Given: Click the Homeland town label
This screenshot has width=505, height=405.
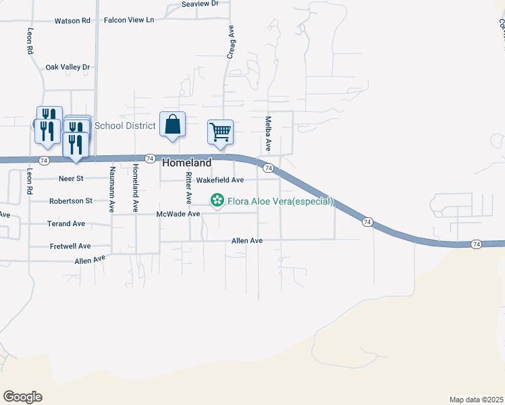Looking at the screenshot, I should click(187, 163).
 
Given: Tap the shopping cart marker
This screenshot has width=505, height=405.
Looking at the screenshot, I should click(220, 132).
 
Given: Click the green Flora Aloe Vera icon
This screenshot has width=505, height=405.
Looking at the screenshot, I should click(217, 200).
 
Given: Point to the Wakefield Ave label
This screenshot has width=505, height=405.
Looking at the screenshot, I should click(220, 180).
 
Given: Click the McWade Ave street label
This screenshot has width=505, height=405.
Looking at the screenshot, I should click(178, 214).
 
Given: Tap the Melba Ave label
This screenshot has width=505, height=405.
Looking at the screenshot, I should click(268, 134).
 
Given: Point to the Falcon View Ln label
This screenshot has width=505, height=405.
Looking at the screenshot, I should click(129, 20).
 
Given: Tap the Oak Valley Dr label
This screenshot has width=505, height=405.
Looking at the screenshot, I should click(68, 67).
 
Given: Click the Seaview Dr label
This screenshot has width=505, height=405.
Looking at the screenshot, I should click(201, 3).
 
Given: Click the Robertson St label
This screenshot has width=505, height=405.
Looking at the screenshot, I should click(70, 201).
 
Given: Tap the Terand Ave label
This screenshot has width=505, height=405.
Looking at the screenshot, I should click(66, 223).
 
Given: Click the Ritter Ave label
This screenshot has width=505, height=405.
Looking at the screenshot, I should click(189, 188).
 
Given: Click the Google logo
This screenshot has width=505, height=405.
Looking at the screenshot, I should click(22, 397).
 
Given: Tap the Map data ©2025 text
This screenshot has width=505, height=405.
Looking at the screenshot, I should click(476, 400).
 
